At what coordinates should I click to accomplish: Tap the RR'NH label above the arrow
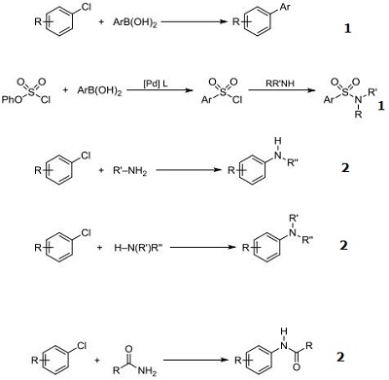tap(287, 86)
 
